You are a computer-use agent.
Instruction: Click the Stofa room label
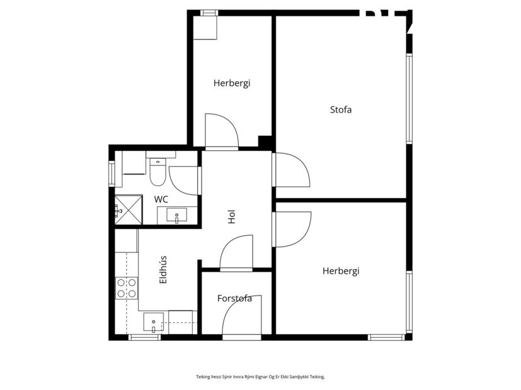point(341,109)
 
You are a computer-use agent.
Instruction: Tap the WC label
point(161,199)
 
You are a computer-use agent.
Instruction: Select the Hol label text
point(232,217)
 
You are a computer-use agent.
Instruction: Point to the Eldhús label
point(163,269)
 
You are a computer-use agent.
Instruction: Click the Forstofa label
point(234,298)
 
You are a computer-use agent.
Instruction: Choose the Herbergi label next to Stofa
point(231,83)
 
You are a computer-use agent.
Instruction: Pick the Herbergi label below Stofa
point(341,271)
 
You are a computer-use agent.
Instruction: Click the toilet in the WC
point(157,173)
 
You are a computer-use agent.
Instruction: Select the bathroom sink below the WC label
point(177,216)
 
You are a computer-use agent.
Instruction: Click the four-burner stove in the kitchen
point(127,288)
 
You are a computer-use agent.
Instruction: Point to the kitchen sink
point(153,323)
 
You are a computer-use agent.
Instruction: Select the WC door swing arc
point(183,180)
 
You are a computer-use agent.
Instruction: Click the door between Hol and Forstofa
point(236,253)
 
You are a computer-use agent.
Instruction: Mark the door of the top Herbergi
point(222,131)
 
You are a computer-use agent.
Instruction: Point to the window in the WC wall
point(112,174)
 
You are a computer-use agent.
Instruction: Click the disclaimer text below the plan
point(260,377)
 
